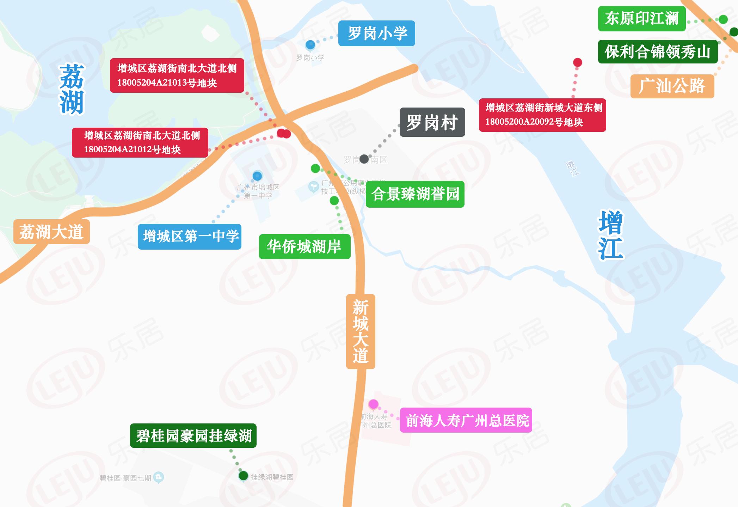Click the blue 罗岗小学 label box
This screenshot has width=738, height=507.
click(376, 33)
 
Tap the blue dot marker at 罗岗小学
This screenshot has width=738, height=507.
click(310, 45)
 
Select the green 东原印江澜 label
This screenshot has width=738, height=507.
click(641, 19)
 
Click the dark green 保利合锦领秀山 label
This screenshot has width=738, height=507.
click(658, 52)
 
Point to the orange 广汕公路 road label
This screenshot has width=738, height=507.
click(672, 86)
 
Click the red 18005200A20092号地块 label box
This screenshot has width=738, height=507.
click(542, 115)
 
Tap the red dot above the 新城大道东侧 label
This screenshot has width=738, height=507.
click(577, 63)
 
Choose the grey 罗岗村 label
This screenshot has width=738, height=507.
click(432, 122)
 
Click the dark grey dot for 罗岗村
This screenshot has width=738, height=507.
click(364, 159)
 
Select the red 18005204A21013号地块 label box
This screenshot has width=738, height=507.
click(177, 75)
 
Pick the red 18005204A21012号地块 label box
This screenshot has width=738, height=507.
click(140, 142)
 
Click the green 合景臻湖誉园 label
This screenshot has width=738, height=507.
click(415, 194)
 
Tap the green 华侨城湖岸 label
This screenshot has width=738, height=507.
click(305, 246)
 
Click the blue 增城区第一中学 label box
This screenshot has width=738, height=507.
click(190, 237)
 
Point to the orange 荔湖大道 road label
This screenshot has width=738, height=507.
click(51, 232)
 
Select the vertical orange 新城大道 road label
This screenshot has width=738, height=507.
click(360, 331)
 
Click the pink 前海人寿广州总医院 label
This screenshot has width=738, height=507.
click(466, 420)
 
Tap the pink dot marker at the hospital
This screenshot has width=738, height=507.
click(373, 404)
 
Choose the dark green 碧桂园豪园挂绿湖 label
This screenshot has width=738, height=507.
click(193, 436)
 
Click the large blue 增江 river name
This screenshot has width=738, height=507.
click(610, 235)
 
